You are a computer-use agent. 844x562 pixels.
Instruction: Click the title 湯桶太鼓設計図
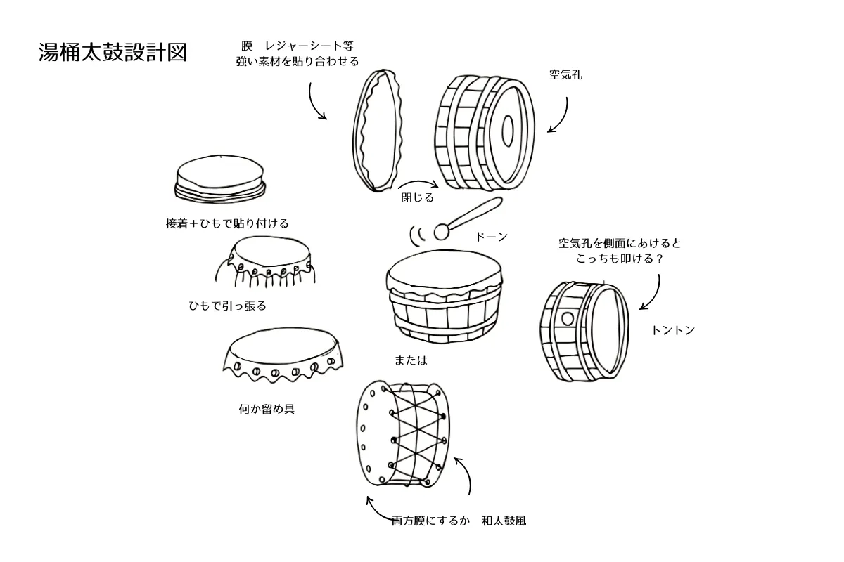(x=113, y=53)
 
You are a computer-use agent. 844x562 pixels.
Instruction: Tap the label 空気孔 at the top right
(x=565, y=73)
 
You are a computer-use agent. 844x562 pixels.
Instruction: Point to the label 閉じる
(x=417, y=198)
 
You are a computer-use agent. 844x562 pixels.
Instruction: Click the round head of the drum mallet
(x=442, y=231)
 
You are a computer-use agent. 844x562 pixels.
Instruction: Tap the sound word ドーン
(x=492, y=237)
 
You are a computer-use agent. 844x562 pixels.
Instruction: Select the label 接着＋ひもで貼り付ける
(x=226, y=223)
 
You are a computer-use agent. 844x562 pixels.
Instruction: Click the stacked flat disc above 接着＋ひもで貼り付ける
(x=220, y=177)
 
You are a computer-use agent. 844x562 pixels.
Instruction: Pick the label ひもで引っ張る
(x=227, y=306)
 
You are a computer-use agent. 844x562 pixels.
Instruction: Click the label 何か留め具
(x=267, y=408)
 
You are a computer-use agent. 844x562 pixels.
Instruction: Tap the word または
(x=411, y=360)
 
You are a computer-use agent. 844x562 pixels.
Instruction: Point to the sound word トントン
(x=673, y=330)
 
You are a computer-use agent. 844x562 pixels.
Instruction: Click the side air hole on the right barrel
(x=567, y=318)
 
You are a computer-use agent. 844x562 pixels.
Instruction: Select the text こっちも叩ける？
(x=620, y=259)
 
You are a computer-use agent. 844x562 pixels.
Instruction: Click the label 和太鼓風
(x=504, y=521)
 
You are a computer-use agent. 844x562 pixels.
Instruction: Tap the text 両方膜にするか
(x=430, y=521)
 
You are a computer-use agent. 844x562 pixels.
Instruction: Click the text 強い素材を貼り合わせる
(x=298, y=61)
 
